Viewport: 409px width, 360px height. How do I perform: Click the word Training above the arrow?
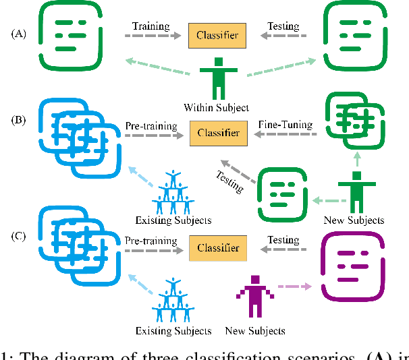click(x=151, y=27)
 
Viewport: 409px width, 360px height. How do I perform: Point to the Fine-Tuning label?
click(x=285, y=125)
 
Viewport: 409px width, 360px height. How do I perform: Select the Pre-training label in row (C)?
click(x=151, y=240)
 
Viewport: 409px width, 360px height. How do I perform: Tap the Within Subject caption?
click(x=216, y=107)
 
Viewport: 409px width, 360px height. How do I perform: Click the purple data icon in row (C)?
click(x=354, y=268)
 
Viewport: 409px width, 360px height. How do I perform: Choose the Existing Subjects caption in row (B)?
click(x=174, y=220)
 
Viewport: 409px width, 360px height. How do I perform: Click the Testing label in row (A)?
click(x=283, y=27)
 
